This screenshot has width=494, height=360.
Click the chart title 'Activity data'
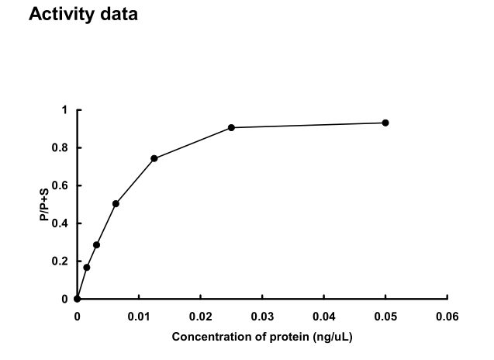(83, 15)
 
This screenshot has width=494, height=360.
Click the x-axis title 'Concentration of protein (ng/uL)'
(262, 337)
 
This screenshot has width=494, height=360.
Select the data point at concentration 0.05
(385, 123)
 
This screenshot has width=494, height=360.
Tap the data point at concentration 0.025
(231, 127)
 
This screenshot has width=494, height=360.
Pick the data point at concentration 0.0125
(154, 158)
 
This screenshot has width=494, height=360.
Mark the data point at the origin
(77, 299)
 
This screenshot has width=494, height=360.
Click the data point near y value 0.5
(116, 203)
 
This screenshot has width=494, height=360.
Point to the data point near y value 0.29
(96, 244)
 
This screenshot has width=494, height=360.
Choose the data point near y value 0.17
(87, 267)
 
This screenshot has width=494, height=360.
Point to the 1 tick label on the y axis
(65, 110)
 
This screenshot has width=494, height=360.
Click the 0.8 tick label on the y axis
(61, 148)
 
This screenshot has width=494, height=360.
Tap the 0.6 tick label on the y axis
(61, 185)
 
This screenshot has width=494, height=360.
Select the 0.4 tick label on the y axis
(61, 223)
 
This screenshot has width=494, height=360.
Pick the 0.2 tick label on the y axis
(61, 261)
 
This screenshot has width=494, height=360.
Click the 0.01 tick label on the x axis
(139, 317)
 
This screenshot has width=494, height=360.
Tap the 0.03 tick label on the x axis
(262, 317)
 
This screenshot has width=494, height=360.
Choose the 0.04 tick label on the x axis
(324, 317)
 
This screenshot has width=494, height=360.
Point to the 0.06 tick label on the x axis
(447, 317)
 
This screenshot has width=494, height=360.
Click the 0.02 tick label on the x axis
(200, 317)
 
